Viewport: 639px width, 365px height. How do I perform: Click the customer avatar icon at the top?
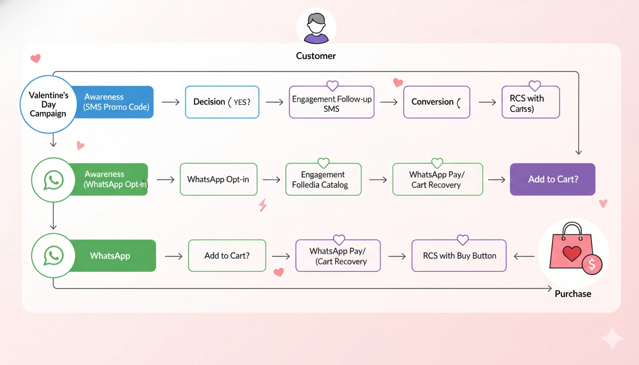316,27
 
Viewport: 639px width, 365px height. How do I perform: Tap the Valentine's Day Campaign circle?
48,104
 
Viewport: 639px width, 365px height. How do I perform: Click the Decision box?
222,102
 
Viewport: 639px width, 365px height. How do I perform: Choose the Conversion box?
436,102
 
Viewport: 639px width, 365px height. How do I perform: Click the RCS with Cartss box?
530,103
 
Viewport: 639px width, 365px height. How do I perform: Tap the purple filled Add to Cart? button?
552,179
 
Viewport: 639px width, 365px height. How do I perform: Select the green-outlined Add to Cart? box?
227,256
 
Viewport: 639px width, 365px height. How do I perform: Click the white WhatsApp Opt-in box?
218,179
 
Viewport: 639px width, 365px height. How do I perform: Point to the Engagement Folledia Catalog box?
323,180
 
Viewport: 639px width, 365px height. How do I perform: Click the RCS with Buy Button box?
459,256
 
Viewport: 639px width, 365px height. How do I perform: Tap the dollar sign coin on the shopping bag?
592,264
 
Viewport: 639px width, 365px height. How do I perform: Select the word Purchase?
572,294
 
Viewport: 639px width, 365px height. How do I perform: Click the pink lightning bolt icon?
262,205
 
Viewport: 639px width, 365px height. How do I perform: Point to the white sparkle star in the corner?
612,339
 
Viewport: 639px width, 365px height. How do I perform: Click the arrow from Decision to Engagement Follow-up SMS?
274,102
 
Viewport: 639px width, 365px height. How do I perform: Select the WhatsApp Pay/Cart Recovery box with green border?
437,180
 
